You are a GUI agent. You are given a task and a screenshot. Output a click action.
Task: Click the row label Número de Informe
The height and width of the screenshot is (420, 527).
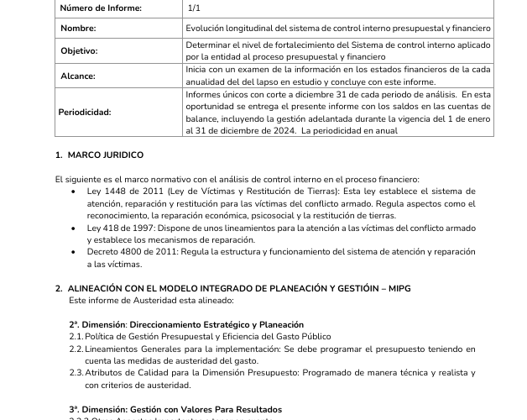(x=102, y=8)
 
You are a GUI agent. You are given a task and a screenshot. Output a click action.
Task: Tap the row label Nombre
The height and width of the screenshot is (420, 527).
(x=79, y=29)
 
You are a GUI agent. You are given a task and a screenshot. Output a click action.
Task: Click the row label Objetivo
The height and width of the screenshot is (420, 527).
(x=80, y=50)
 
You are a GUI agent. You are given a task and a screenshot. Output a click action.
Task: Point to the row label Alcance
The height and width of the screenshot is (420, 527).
(x=78, y=76)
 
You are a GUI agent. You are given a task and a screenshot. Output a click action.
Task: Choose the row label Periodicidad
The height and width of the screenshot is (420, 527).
(x=85, y=112)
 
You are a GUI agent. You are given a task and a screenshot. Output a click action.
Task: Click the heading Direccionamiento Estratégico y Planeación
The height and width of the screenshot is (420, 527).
(x=209, y=324)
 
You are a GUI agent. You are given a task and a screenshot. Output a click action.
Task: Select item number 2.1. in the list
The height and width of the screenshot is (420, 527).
(x=76, y=336)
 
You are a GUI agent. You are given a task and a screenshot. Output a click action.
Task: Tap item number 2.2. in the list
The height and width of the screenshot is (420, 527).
(x=76, y=349)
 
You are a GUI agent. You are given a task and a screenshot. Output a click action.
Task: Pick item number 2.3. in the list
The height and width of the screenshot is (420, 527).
(x=76, y=373)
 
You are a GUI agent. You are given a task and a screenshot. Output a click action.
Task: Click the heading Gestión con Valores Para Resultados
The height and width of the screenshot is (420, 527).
(x=199, y=409)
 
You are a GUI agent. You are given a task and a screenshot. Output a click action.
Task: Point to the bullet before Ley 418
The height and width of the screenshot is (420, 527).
(x=76, y=228)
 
